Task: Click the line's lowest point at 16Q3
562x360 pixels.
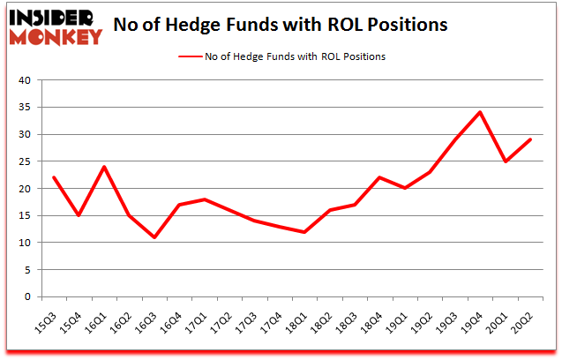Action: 154,237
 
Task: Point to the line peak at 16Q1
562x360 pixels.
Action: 104,167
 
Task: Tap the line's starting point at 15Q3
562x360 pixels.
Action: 54,177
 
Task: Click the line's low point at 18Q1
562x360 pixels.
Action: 305,232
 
